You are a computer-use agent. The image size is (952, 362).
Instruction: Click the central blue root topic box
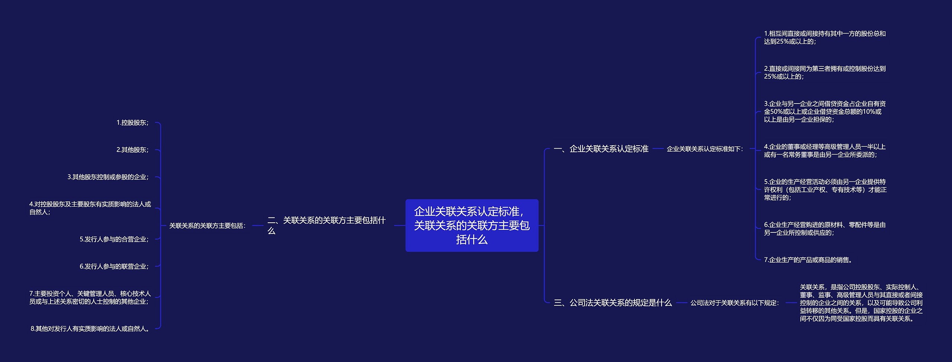click(472, 225)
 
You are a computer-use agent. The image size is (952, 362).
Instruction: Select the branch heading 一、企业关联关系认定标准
click(601, 149)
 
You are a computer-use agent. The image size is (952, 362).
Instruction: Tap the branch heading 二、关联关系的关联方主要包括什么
click(326, 225)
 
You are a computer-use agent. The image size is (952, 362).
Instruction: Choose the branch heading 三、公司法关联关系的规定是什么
click(612, 303)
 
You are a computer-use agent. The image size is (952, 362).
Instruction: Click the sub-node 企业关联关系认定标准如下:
click(705, 149)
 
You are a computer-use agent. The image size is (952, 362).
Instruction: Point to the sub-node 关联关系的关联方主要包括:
click(207, 226)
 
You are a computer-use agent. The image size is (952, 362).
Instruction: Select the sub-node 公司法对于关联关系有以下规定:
click(734, 303)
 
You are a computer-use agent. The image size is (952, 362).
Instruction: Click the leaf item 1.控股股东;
click(132, 123)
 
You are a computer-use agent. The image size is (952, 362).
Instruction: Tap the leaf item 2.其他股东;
click(132, 150)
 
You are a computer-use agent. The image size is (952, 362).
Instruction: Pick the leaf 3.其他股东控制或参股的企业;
click(108, 177)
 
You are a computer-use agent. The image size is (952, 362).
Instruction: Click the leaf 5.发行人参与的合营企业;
click(114, 239)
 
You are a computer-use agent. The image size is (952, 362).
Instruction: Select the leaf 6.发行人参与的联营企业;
click(114, 266)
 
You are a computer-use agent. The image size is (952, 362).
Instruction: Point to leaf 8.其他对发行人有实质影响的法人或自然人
click(90, 329)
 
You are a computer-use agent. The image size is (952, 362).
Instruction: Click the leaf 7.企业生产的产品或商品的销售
click(808, 260)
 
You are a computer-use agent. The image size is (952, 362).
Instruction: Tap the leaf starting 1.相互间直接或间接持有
click(824, 38)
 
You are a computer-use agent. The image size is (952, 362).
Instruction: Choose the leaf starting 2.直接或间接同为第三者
click(824, 73)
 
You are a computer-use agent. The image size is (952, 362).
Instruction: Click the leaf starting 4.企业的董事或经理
click(824, 151)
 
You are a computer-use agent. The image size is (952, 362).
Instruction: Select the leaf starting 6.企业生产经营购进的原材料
click(824, 229)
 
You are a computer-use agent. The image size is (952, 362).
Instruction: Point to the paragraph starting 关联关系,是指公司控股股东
click(861, 303)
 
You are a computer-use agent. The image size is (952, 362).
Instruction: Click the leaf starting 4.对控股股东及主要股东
click(90, 208)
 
